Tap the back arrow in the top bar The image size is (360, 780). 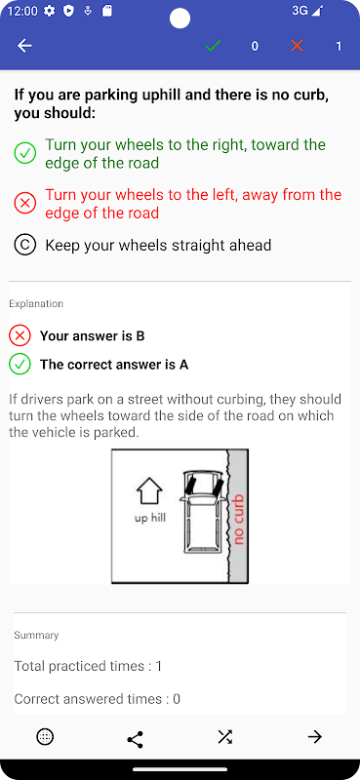[x=24, y=46]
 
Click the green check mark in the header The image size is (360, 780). [x=213, y=46]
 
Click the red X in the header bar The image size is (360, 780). [x=297, y=46]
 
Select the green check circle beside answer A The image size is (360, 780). [x=25, y=153]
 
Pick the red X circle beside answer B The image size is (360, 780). [x=25, y=204]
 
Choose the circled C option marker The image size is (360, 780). [x=25, y=246]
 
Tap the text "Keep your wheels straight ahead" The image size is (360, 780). [x=158, y=246]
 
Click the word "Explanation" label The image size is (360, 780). [x=36, y=303]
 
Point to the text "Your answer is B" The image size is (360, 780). [x=92, y=336]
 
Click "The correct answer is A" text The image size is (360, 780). [x=114, y=365]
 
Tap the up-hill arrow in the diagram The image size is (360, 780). [x=149, y=491]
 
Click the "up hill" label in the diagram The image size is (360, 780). [x=150, y=518]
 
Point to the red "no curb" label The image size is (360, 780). [x=238, y=519]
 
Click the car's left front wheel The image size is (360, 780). [x=190, y=484]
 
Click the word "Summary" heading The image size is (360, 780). [x=36, y=636]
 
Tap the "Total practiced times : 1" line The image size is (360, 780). [x=88, y=666]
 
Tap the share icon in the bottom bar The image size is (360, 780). [x=135, y=739]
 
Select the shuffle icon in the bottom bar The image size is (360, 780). [x=225, y=737]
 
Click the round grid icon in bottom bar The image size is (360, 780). [x=45, y=737]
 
